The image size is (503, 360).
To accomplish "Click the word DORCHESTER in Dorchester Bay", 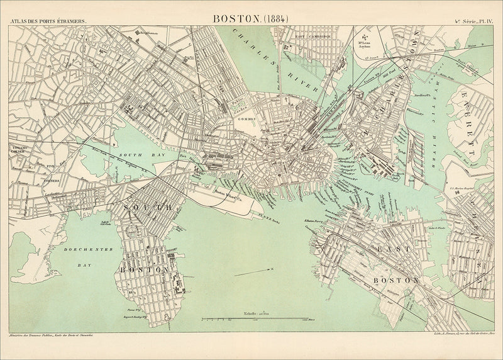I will pos(87,250).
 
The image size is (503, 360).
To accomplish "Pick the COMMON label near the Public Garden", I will pos(245,119).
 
